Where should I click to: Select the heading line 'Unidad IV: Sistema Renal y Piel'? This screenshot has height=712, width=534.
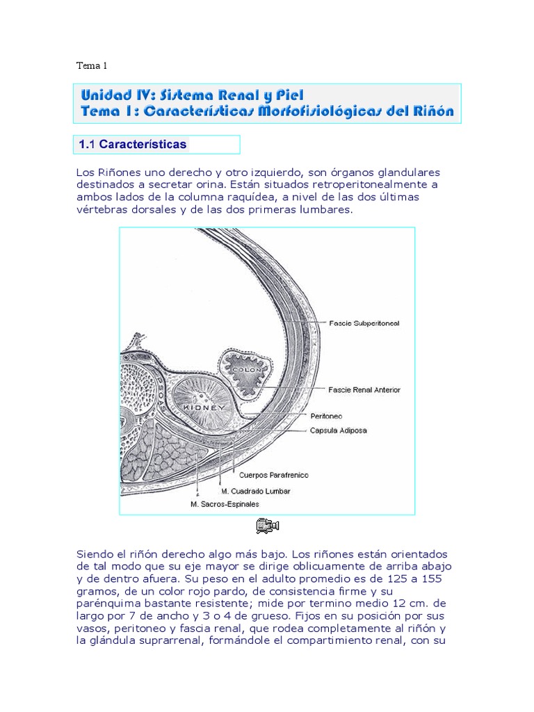coord(193,94)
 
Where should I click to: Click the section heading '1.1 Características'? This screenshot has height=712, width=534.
coord(133,145)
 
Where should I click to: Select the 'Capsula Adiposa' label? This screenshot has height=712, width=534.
coord(339,430)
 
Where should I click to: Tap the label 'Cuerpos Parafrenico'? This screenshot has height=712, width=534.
coord(273,476)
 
